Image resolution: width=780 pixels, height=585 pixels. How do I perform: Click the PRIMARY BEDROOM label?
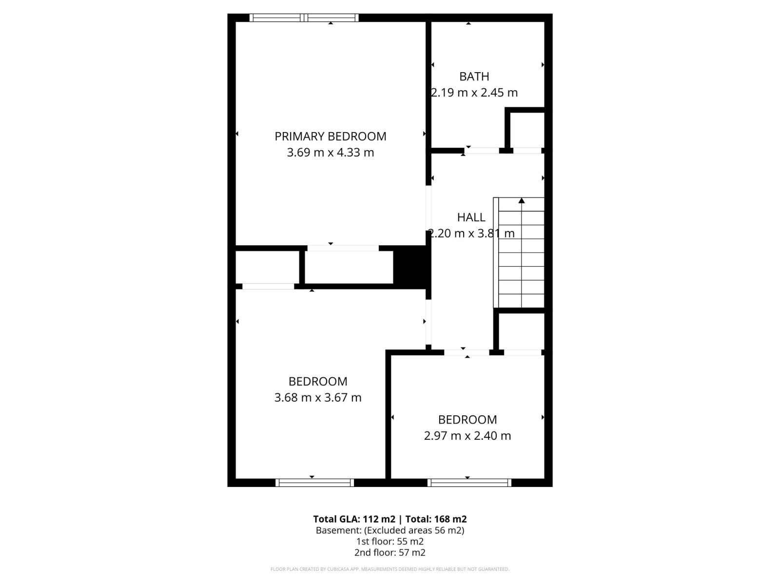point(330,136)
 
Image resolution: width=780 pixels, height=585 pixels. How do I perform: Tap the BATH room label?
point(474,77)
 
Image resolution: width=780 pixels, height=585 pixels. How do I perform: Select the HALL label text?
point(471,217)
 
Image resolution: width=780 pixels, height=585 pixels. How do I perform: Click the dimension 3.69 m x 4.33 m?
point(330,153)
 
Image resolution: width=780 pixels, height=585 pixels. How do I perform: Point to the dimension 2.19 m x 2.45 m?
point(474,93)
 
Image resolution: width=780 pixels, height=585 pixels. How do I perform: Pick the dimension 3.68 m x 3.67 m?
point(318,398)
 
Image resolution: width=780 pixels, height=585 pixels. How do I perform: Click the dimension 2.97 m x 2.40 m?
point(467,436)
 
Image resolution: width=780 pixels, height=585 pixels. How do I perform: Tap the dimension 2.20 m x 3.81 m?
point(471,234)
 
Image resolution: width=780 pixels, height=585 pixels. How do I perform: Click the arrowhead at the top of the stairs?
point(522,200)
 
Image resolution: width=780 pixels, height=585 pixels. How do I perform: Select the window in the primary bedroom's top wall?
point(304,18)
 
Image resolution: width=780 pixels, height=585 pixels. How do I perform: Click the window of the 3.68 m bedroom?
point(314,483)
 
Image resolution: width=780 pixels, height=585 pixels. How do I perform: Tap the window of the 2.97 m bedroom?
point(469,483)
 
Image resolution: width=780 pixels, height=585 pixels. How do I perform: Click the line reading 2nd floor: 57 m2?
point(390,552)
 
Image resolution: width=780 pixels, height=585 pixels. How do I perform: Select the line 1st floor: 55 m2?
point(390,541)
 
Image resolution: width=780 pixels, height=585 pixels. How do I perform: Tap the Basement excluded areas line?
point(390,530)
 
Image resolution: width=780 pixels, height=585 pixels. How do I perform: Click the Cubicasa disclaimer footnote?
point(390,569)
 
